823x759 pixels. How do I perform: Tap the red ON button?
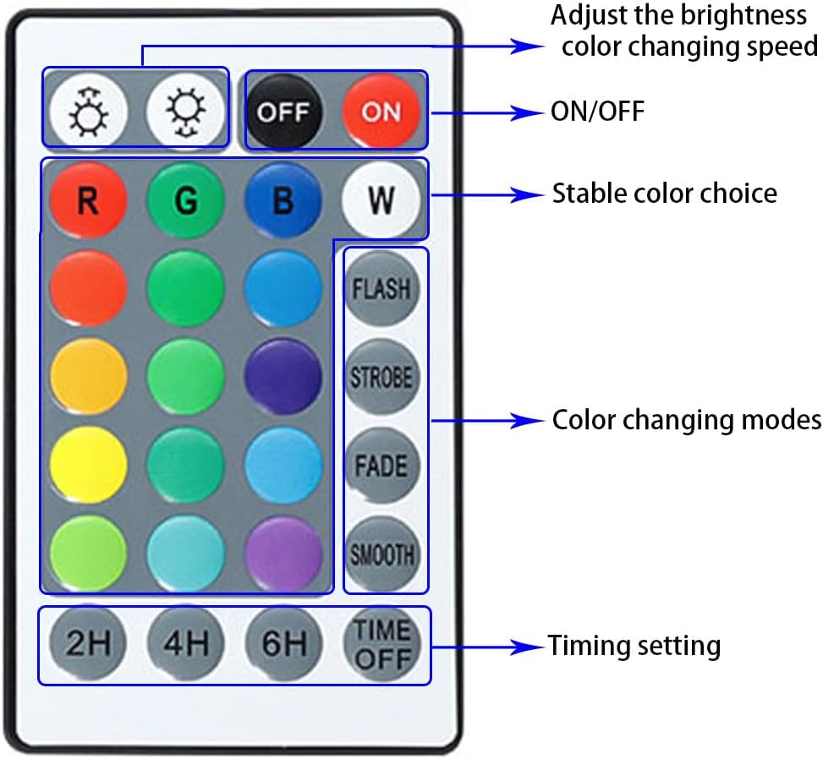(381, 112)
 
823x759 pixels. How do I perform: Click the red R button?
(88, 200)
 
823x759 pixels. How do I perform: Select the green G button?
(185, 200)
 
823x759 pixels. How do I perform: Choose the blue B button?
(283, 200)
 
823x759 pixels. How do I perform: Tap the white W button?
(381, 200)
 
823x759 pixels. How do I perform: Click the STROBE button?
(381, 377)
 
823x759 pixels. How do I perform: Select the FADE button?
(381, 466)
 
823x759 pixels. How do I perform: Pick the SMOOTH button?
(381, 554)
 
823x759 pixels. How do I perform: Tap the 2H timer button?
(88, 645)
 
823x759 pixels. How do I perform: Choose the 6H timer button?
(283, 645)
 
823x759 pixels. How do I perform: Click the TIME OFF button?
(381, 645)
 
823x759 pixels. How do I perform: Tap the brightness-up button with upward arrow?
(88, 112)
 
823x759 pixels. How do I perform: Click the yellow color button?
(88, 466)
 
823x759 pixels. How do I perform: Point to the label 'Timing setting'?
(634, 646)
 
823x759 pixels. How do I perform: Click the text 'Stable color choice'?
(664, 193)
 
